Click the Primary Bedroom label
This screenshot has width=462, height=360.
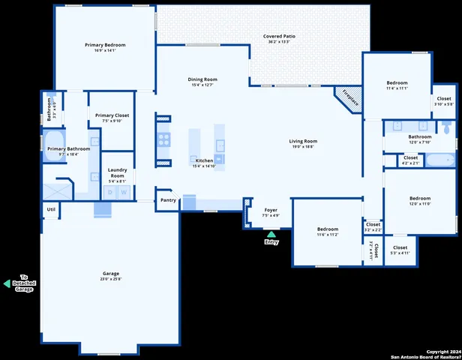[105, 46]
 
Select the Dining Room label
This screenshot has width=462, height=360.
[202, 79]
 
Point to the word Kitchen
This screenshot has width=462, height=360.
[204, 160]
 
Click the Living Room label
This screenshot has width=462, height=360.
[304, 141]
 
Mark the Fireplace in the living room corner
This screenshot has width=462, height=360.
[347, 97]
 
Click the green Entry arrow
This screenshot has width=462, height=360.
[271, 235]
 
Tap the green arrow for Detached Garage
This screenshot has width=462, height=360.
[7, 283]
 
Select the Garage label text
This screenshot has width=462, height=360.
[111, 274]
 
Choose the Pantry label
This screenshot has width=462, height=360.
[169, 200]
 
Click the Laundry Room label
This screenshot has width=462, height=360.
[117, 172]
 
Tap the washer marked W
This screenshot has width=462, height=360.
[124, 193]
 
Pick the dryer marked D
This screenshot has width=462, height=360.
[110, 193]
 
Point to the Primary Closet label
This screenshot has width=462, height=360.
[112, 115]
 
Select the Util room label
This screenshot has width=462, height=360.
[51, 209]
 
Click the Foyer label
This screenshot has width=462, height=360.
[270, 210]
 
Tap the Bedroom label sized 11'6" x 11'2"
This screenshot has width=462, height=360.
[327, 229]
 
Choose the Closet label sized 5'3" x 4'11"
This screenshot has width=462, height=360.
[400, 247]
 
